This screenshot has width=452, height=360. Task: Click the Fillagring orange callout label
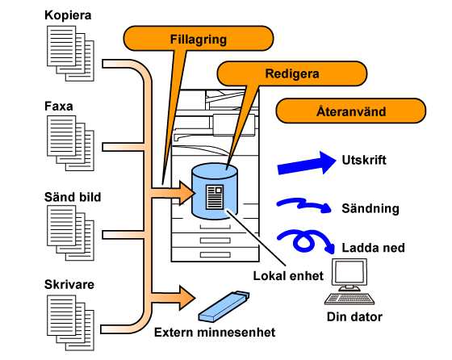click(x=199, y=39)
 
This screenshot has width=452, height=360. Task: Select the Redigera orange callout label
click(x=292, y=73)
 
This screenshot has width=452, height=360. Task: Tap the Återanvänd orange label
click(x=351, y=111)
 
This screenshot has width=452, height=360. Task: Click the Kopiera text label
click(x=68, y=15)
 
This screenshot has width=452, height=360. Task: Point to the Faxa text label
click(x=58, y=106)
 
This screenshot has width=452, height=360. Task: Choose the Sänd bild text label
click(x=73, y=197)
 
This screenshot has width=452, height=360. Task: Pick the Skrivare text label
click(x=69, y=284)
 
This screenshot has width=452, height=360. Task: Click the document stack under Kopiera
click(x=70, y=53)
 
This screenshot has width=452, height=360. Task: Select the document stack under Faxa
click(x=70, y=143)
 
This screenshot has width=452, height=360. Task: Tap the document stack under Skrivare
click(x=70, y=323)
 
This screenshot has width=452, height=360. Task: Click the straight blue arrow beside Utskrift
click(x=307, y=164)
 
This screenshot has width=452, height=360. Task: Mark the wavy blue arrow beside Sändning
click(x=304, y=205)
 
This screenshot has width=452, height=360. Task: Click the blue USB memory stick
click(x=224, y=307)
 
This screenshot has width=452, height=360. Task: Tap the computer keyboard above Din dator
click(x=349, y=299)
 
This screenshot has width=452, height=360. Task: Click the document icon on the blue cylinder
click(x=215, y=197)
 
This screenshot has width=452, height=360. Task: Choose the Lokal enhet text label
click(x=288, y=276)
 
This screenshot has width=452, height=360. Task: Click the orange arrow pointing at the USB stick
click(x=174, y=298)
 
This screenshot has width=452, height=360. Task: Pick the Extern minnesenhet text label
click(x=215, y=333)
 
